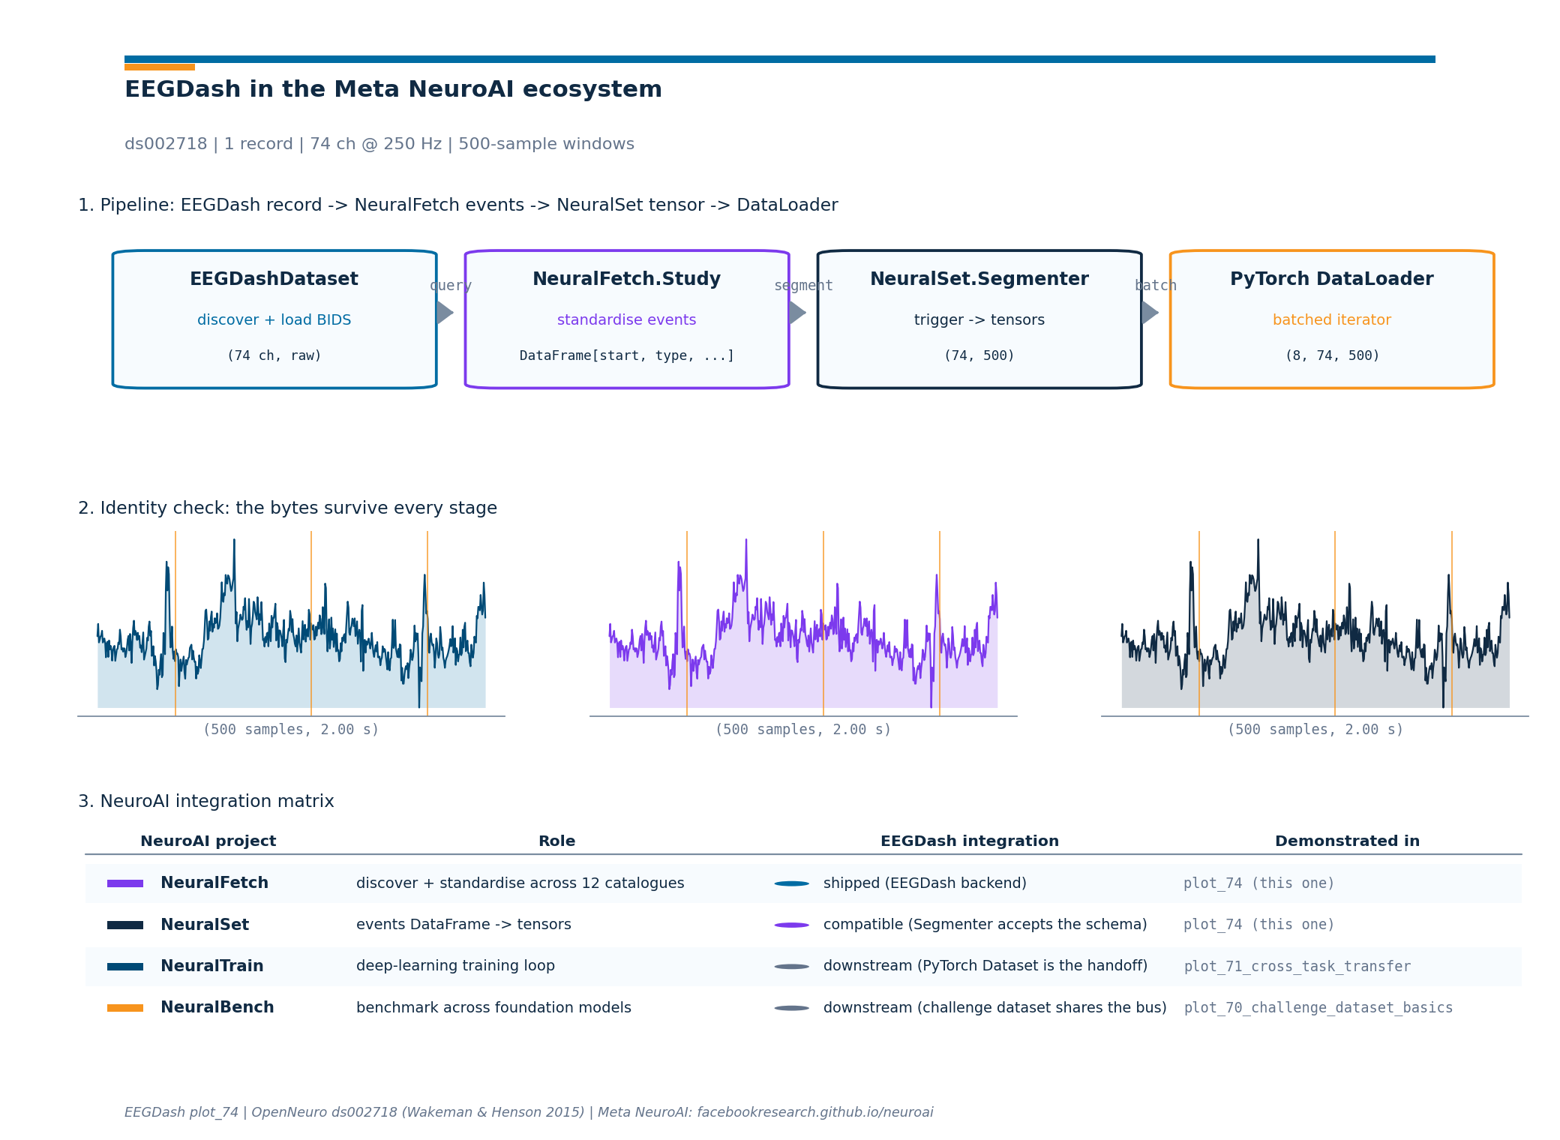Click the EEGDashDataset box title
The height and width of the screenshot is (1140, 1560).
click(x=274, y=279)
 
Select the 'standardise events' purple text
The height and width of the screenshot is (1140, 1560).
click(x=626, y=319)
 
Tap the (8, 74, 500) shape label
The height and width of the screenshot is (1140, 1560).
click(x=1332, y=355)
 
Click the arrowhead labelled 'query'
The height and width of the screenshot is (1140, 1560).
click(x=445, y=313)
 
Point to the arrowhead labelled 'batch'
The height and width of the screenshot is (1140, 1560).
click(x=1150, y=313)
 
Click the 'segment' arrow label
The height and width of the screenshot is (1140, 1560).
click(x=803, y=286)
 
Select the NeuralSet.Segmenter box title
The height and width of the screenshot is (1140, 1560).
click(x=979, y=279)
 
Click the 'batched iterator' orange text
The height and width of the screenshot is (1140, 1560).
click(x=1331, y=319)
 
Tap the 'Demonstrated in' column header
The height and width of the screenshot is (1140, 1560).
click(x=1347, y=841)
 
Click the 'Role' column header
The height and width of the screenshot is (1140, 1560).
click(x=556, y=841)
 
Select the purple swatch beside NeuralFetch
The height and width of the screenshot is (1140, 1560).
click(x=125, y=883)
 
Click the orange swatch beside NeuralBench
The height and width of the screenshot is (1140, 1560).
click(x=125, y=1008)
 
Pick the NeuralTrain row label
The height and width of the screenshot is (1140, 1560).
click(x=212, y=966)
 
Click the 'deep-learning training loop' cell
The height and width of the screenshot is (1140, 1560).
click(x=455, y=966)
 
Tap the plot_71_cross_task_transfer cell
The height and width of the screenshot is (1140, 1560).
click(x=1297, y=967)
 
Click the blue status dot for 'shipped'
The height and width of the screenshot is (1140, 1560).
click(x=792, y=883)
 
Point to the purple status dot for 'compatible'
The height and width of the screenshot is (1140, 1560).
click(x=792, y=925)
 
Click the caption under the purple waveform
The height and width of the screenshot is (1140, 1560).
click(x=803, y=730)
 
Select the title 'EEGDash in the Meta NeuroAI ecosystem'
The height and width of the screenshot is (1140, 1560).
click(x=393, y=89)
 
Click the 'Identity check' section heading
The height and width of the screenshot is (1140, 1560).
click(x=287, y=508)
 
